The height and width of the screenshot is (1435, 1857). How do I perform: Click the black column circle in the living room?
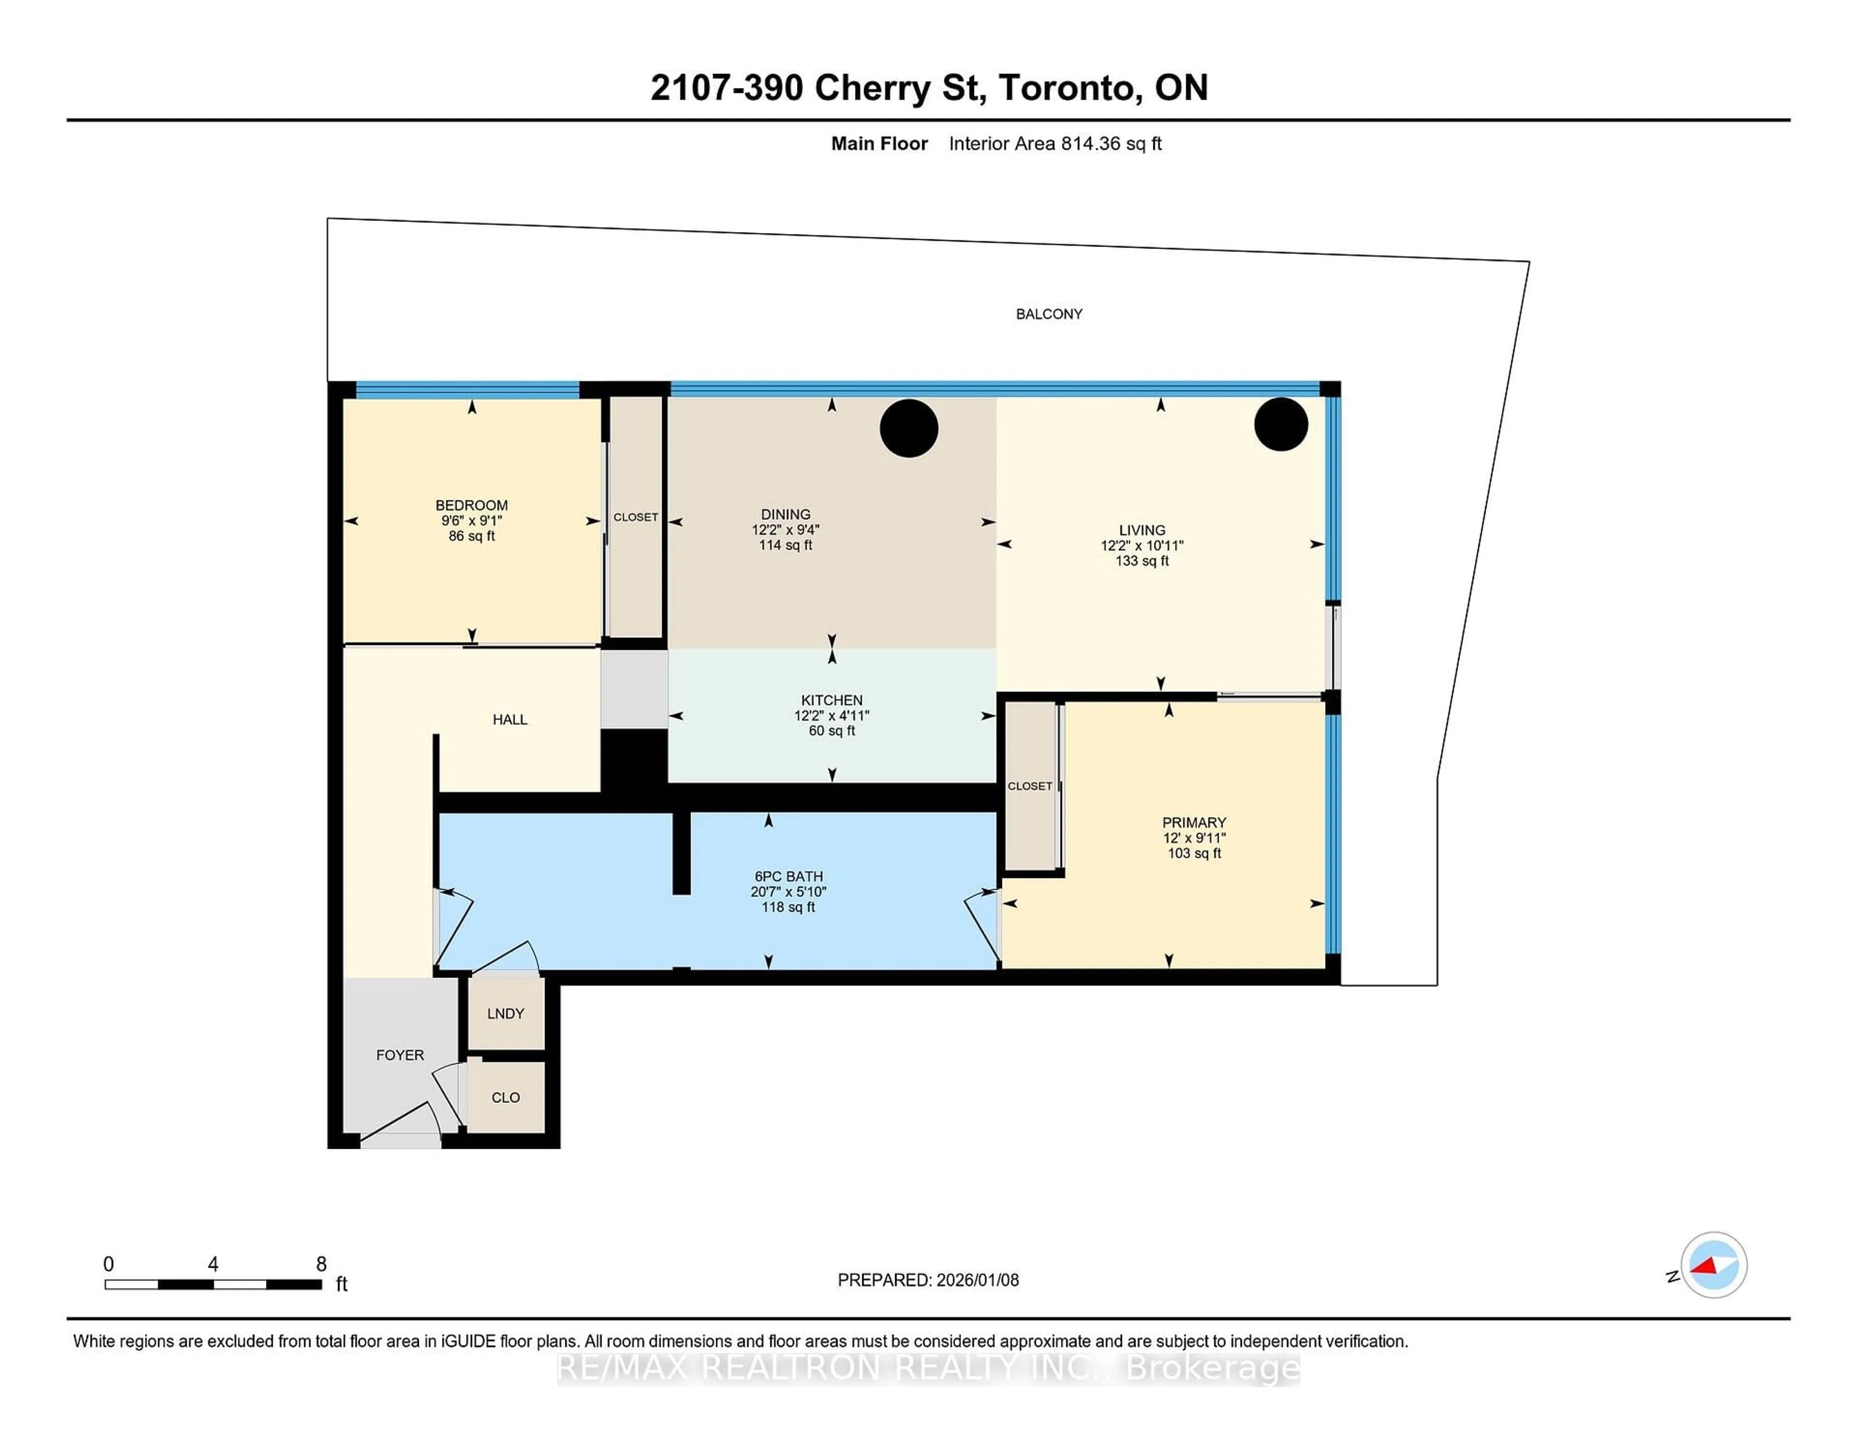click(x=1281, y=424)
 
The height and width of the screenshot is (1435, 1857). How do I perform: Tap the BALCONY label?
click(x=1048, y=314)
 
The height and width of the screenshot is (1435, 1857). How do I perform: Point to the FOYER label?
click(x=399, y=1055)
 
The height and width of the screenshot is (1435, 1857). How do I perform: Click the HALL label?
click(x=509, y=719)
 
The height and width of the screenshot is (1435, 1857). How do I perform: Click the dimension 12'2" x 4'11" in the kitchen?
click(x=832, y=716)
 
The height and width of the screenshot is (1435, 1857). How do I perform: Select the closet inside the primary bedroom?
click(x=1030, y=786)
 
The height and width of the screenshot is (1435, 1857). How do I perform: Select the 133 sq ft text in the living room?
click(x=1142, y=561)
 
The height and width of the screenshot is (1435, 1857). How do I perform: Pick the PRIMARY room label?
click(x=1194, y=822)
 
